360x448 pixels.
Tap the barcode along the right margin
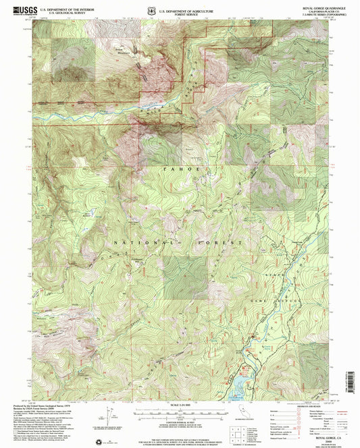pyautogui.click(x=351, y=381)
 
